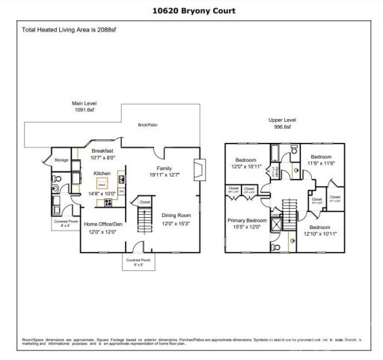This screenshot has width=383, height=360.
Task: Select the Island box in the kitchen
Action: point(102,182)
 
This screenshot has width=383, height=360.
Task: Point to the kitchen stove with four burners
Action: point(109,202)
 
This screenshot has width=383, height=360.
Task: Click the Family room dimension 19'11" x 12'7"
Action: point(164,175)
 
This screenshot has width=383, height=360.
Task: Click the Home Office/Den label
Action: point(102,225)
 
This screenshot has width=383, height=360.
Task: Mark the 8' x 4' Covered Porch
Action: point(65,222)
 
